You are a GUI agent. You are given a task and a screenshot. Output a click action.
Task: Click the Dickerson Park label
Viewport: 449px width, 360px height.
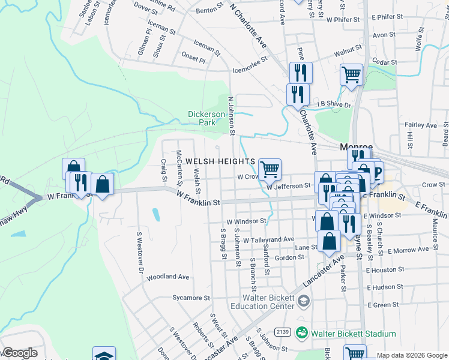[206, 118]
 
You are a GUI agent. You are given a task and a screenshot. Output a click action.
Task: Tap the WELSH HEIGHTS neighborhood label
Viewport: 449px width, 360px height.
[220, 161]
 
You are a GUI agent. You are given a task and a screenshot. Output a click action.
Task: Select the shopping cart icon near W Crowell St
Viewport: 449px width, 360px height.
[270, 169]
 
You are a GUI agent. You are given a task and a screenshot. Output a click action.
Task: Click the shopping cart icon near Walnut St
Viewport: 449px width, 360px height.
[351, 75]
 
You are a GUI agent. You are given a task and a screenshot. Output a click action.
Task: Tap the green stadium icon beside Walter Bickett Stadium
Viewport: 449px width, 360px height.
[302, 332]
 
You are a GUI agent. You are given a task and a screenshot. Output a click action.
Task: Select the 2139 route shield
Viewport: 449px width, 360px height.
[282, 332]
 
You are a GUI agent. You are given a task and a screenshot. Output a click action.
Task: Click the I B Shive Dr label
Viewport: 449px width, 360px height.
[333, 105]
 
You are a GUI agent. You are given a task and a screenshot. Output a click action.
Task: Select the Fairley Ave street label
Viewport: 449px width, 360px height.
[421, 125]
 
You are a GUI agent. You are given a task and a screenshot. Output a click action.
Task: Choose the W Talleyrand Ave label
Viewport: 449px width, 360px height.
[268, 239]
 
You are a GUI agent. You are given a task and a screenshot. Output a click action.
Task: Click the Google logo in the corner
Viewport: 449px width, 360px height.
[20, 353]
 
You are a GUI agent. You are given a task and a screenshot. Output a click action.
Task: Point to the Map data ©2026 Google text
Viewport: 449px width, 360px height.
[412, 355]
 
